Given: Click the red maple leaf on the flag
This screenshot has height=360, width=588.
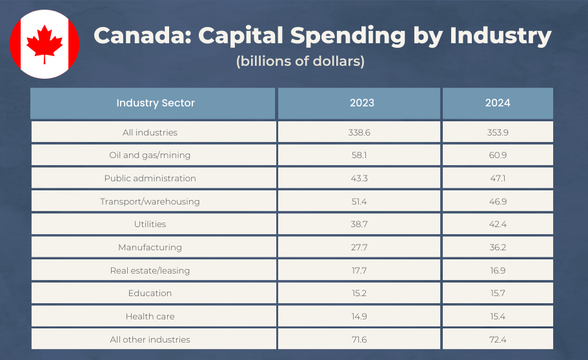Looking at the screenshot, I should coord(45,44).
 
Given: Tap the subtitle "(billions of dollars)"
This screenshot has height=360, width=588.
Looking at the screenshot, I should coord(300,62).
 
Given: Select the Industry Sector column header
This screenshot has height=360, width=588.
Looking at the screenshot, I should coord(155,103).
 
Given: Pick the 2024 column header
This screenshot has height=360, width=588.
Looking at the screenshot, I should coord(498,103).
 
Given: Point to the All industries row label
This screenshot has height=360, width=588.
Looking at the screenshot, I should coord(150,132).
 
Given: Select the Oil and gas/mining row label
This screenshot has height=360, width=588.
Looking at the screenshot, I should coord(150,155).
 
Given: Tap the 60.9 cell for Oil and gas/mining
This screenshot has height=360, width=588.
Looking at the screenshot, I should coord(498,155).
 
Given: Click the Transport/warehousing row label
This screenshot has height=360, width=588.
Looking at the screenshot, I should coord(150,201).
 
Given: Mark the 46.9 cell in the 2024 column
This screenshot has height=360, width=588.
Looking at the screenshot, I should coord(498,201).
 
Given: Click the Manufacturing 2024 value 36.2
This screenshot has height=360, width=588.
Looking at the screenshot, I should coord(498,247).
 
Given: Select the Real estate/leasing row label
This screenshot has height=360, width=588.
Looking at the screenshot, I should coord(150,270).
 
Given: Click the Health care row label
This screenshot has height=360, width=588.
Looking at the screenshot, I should coord(150,316).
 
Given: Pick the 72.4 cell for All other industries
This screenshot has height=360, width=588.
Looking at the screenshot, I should coord(498,339).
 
